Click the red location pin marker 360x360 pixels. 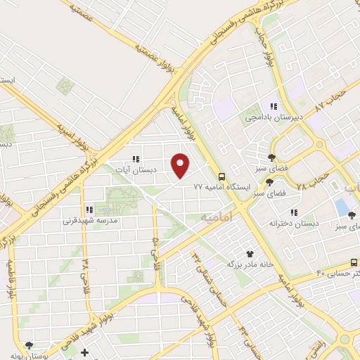181,166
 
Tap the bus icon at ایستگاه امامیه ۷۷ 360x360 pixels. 221,176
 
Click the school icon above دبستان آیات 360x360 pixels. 135,160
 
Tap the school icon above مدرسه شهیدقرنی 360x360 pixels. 89,210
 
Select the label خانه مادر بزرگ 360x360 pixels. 249,264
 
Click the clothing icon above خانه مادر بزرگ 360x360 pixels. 249,253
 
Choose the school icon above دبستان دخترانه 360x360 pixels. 294,212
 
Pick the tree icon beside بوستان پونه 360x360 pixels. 29,345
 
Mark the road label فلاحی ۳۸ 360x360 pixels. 86,274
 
